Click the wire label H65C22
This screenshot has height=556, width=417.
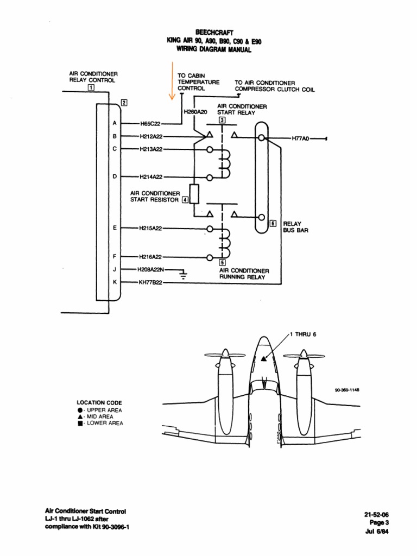150,124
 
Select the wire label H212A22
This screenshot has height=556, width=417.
151,136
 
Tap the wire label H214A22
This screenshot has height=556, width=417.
151,176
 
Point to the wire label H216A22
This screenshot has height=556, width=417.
151,256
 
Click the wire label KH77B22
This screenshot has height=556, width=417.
150,282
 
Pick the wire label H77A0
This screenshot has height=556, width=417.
299,138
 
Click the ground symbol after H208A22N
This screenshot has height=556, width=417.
183,273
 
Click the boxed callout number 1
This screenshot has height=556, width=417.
91,86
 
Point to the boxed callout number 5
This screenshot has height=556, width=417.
223,263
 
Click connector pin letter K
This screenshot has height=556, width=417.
115,282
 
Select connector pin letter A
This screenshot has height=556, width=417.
115,124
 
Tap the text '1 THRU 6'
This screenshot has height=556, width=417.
302,334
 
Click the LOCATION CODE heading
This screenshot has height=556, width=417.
99,402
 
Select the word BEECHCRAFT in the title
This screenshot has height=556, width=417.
208,33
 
